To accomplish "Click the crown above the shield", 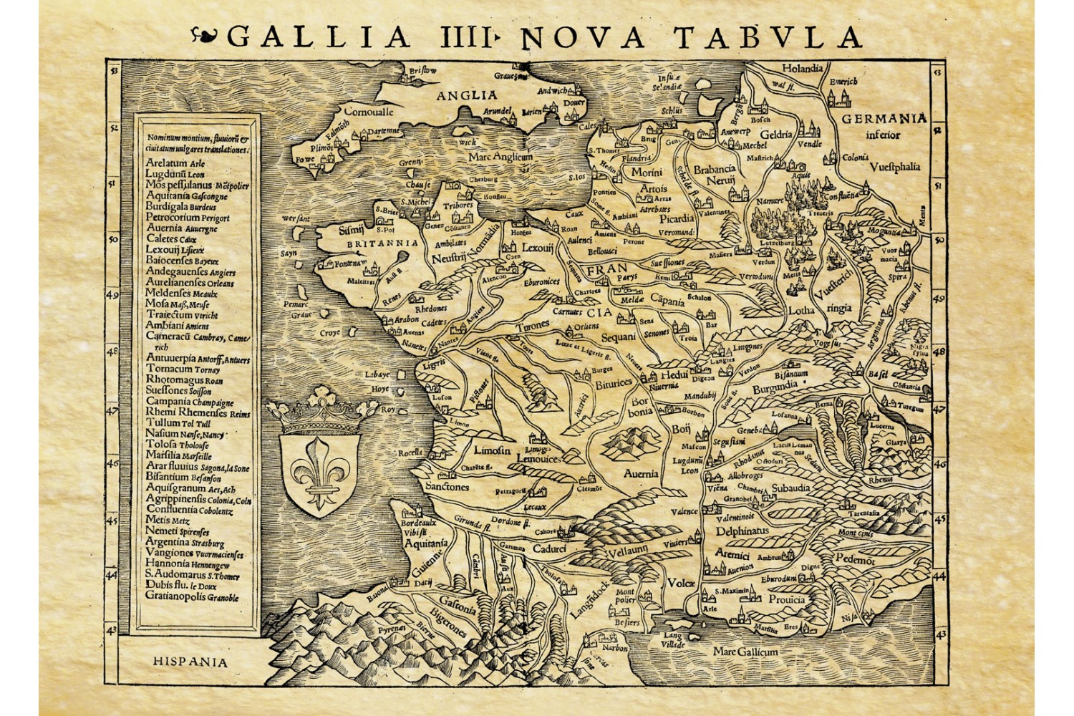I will pyautogui.click(x=321, y=409).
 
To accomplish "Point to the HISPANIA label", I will pyautogui.click(x=190, y=662).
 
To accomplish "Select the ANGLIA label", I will pyautogui.click(x=467, y=95).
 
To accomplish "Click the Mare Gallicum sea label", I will pyautogui.click(x=745, y=652).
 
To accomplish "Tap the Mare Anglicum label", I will pyautogui.click(x=501, y=156).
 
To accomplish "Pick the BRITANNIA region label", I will pyautogui.click(x=382, y=243).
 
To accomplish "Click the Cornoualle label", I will pyautogui.click(x=369, y=112).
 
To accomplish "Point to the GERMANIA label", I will pyautogui.click(x=884, y=118).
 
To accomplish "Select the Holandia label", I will pyautogui.click(x=802, y=69).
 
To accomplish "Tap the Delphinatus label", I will pyautogui.click(x=742, y=531).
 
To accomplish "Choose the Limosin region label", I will pyautogui.click(x=492, y=450).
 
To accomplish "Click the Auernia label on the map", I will pyautogui.click(x=640, y=473).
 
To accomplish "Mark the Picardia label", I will pyautogui.click(x=676, y=218).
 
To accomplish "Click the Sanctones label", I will pyautogui.click(x=447, y=487).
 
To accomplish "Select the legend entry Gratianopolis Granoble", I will pyautogui.click(x=192, y=596).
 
